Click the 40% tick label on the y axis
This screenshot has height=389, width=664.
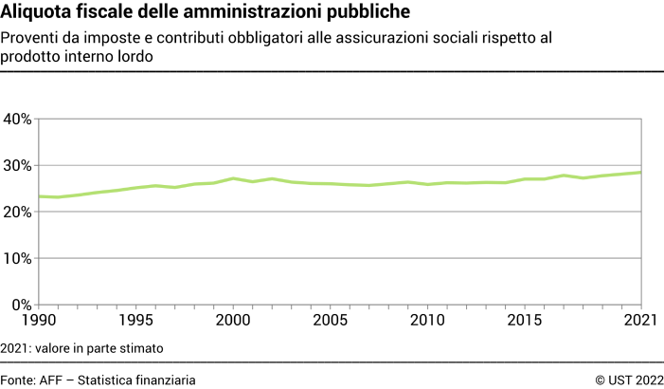coord(18,120)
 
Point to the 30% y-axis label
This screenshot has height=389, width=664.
coord(18,166)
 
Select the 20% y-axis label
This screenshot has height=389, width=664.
coord(18,213)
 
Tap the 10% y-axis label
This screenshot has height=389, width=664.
coord(18,259)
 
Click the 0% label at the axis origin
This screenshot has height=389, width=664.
coord(22,305)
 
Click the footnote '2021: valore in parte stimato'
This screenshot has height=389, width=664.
coord(82,348)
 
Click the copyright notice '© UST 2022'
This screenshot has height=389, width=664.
coord(629,380)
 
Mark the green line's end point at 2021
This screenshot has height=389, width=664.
coord(641,173)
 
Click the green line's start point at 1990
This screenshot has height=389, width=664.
coord(39,196)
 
